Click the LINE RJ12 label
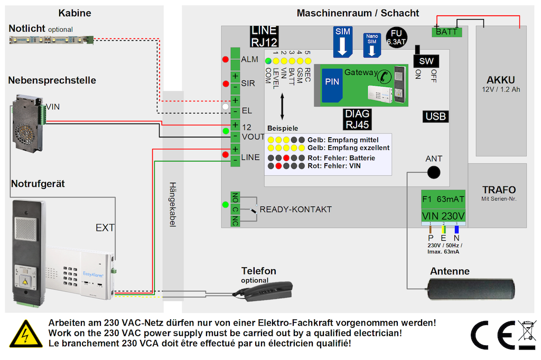(x=264, y=36)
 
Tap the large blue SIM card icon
(x=342, y=42)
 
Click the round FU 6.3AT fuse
(x=395, y=37)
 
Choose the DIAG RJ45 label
(x=357, y=119)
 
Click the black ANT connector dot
(x=434, y=172)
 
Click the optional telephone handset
(x=268, y=290)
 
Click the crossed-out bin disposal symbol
(x=527, y=334)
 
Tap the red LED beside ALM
(x=226, y=59)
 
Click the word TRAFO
(x=499, y=190)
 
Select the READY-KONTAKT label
(x=296, y=210)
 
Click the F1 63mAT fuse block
(x=443, y=200)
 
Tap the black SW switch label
(x=426, y=61)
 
